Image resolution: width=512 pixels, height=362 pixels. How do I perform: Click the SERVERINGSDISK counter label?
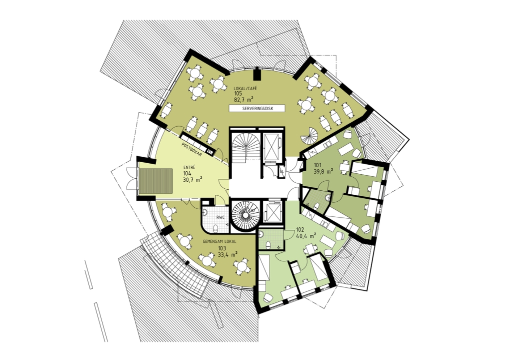(x=257, y=109)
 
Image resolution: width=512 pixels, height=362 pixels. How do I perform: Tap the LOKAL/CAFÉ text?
(x=245, y=88)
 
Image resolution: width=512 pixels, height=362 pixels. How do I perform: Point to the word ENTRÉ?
(x=189, y=167)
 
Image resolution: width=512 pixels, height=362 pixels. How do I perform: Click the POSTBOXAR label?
(x=191, y=149)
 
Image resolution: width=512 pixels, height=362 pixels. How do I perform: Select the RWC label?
(x=219, y=216)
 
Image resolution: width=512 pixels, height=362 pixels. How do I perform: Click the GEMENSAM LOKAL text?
(x=219, y=242)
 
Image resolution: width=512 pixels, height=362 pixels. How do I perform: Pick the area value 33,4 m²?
(x=227, y=253)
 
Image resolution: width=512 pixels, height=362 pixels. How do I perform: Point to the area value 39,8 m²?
(x=323, y=170)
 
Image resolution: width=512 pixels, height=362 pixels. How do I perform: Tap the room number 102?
(x=300, y=229)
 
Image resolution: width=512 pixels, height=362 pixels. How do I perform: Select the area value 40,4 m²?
(x=306, y=235)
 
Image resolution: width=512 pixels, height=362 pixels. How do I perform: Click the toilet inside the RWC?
(x=215, y=228)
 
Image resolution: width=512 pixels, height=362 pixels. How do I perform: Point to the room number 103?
(x=222, y=248)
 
